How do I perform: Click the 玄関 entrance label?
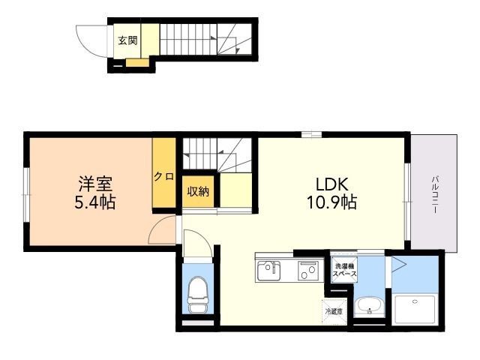(x=127, y=40)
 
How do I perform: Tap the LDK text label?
(x=331, y=184)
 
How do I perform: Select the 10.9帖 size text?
(x=331, y=202)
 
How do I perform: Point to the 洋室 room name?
(x=95, y=184)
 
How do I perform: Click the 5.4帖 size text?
(x=95, y=202)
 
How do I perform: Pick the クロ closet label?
(x=164, y=176)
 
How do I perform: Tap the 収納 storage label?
(x=198, y=192)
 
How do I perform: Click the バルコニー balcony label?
(x=434, y=194)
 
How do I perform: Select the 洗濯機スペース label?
(x=345, y=270)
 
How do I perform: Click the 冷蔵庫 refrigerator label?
(x=334, y=312)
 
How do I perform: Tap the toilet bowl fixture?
(x=197, y=295)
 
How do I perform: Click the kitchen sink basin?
(x=268, y=271)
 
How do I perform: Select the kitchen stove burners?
(x=308, y=271)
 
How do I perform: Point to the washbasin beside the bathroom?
(x=369, y=307)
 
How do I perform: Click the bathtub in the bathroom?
(x=415, y=310)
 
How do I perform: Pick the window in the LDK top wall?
(x=311, y=134)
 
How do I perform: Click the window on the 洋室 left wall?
(x=27, y=195)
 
